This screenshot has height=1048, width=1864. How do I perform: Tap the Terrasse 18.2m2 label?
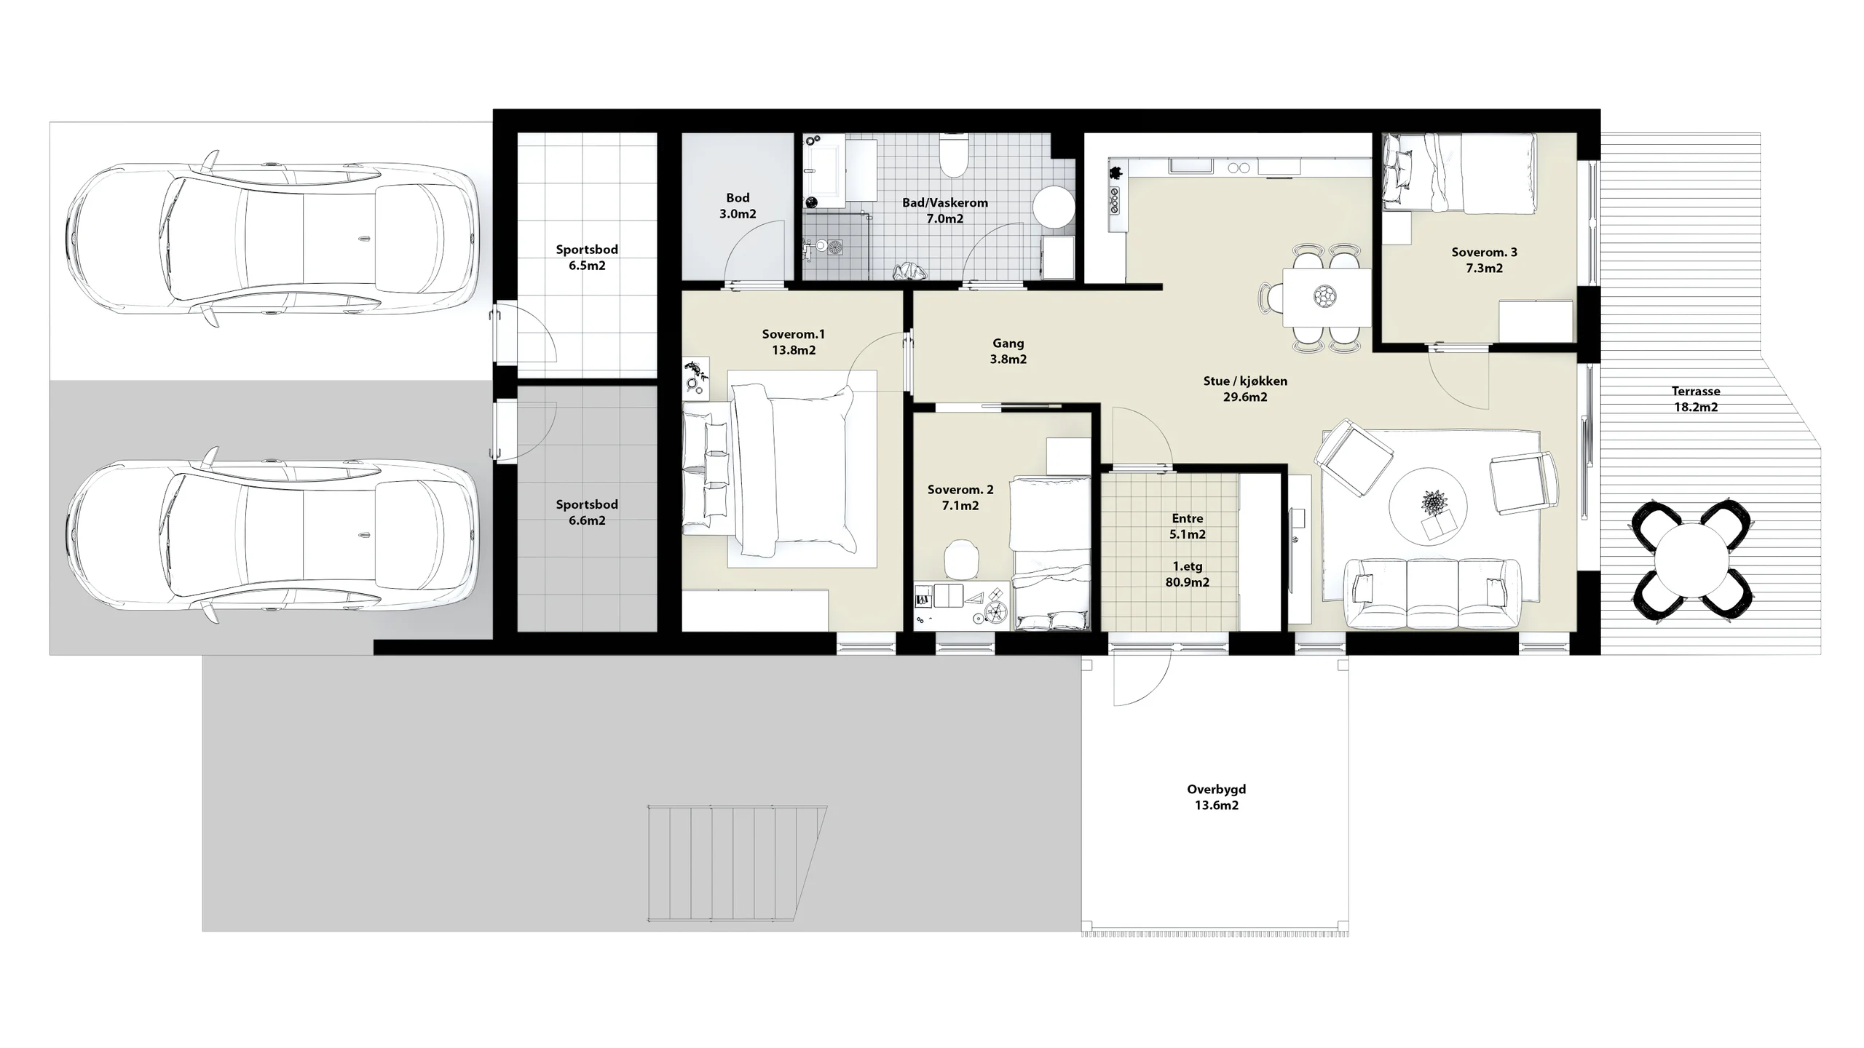pyautogui.click(x=1696, y=399)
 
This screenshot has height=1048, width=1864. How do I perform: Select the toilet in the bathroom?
pyautogui.click(x=952, y=156)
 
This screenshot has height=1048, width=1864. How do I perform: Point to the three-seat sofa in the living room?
pyautogui.click(x=1432, y=593)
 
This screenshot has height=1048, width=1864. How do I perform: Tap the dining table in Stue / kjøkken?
pyautogui.click(x=1326, y=297)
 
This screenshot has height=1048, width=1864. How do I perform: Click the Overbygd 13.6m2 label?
pyautogui.click(x=1216, y=797)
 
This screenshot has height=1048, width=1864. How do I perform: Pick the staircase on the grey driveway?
pyautogui.click(x=736, y=863)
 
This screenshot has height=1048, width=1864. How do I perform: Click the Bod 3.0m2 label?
pyautogui.click(x=738, y=205)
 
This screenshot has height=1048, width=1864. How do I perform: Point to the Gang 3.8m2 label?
pyautogui.click(x=1008, y=351)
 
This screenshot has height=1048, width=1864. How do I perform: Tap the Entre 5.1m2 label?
pyautogui.click(x=1188, y=526)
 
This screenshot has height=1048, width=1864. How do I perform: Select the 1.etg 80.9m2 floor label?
pyautogui.click(x=1188, y=574)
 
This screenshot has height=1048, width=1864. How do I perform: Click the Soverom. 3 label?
pyautogui.click(x=1484, y=252)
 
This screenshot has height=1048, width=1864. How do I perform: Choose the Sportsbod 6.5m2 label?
pyautogui.click(x=587, y=257)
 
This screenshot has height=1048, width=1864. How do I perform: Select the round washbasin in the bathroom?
pyautogui.click(x=1054, y=207)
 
